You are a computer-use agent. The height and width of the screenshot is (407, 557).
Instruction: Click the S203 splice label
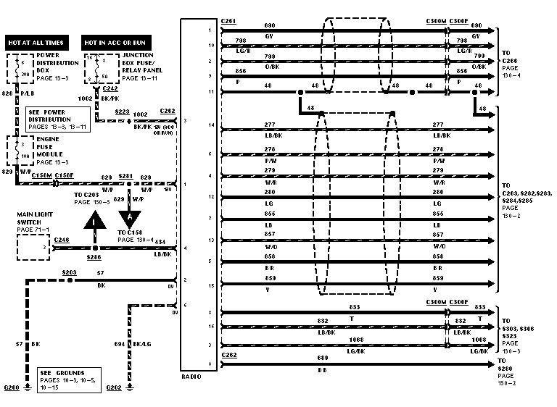pyautogui.click(x=69, y=273)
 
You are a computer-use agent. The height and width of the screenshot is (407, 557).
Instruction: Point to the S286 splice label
pyautogui.click(x=94, y=256)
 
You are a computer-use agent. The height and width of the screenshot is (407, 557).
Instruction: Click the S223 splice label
pyautogui.click(x=123, y=112)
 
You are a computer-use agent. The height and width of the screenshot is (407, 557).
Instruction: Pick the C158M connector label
pyautogui.click(x=41, y=175)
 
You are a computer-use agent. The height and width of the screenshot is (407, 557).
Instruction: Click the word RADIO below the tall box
pyautogui.click(x=191, y=377)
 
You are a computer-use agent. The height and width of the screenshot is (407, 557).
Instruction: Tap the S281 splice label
pyautogui.click(x=128, y=175)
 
